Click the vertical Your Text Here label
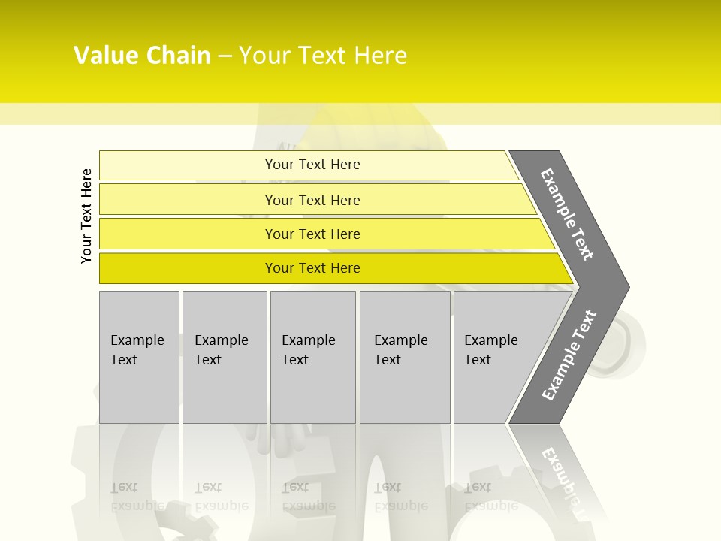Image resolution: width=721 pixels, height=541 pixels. tap(86, 216)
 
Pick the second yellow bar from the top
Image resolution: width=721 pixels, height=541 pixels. tap(312, 200)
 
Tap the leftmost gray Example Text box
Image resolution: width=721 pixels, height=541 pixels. tap(139, 357)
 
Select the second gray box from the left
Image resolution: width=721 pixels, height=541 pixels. tap(225, 357)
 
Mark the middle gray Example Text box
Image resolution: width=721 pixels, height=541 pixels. tap(312, 357)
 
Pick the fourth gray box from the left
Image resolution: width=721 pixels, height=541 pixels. tap(405, 357)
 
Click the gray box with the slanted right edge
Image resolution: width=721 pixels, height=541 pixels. tap(496, 357)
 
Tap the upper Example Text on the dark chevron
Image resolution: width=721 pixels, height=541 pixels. tap(567, 214)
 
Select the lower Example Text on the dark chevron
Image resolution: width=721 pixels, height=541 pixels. tap(569, 355)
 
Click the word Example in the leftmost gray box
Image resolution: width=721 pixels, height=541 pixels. tap(137, 340)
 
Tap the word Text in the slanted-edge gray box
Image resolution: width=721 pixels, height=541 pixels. tap(478, 360)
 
